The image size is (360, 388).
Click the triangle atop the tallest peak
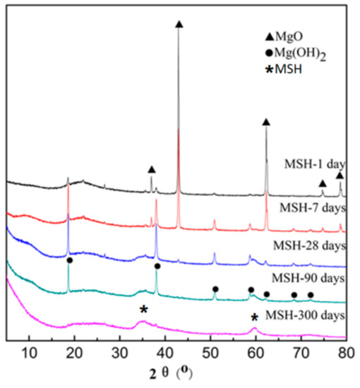[179, 24]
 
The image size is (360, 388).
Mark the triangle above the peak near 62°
[266, 122]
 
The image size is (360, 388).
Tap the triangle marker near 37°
[151, 169]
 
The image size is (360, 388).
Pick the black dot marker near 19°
[69, 260]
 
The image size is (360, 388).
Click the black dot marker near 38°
[157, 266]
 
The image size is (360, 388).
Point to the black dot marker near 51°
[215, 289]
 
